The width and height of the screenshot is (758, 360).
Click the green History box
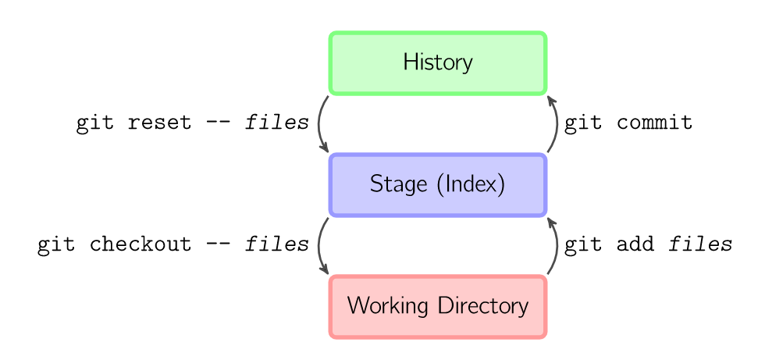437,62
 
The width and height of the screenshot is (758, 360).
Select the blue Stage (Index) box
437,184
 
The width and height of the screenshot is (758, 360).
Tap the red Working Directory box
437,306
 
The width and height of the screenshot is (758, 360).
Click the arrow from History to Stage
320,123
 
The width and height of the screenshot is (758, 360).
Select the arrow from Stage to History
556,123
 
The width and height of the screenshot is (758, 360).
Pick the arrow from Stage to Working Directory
320,245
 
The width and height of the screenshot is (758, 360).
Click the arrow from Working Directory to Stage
556,245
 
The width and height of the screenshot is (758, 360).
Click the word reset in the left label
158,123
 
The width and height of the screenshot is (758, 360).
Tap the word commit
654,123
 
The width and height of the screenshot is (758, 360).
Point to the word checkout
140,245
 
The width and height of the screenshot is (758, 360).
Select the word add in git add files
635,245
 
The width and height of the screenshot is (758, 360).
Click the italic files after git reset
277,123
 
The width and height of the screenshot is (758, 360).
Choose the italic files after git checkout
277,245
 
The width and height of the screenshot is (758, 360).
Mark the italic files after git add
700,245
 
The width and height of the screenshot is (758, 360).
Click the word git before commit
582,123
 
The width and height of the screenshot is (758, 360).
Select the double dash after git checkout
218,245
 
